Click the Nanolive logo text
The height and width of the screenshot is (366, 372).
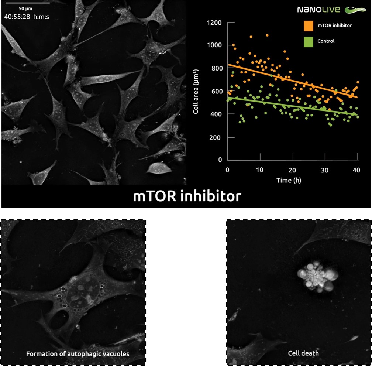[x=318, y=10]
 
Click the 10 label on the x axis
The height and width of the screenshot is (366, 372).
[x=260, y=170]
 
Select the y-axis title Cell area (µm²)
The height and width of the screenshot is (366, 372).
[x=196, y=91]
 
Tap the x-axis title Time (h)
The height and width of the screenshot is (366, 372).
[x=292, y=181]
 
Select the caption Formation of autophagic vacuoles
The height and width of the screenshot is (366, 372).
[x=77, y=354]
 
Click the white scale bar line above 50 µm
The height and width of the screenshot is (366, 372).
[x=22, y=3]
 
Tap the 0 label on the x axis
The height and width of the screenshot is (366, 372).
[x=227, y=170]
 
